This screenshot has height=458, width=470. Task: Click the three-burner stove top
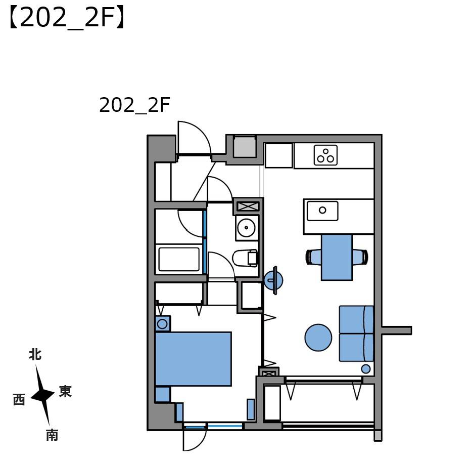pos(325,155)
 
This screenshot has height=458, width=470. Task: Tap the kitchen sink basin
pos(322,211)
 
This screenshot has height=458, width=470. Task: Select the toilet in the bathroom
pos(245,258)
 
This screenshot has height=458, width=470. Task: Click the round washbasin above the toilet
pos(247,228)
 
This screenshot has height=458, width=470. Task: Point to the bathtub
pos(179,259)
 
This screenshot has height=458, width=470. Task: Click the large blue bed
pos(194,359)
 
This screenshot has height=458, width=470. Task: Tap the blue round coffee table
pos(318,338)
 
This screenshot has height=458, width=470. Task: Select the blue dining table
pos(337,258)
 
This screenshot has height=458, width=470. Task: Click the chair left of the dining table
pos(313,257)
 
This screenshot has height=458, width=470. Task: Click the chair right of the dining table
pos(360,257)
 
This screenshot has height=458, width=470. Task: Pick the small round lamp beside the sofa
pos(366,369)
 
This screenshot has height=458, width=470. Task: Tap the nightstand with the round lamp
pos(163,323)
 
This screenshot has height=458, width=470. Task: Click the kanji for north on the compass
pos(35,354)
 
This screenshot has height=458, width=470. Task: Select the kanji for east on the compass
pos(65,391)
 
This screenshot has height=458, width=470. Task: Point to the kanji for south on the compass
pos(52,435)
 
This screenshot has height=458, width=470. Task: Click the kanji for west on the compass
pos(19,400)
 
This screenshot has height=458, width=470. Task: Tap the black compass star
pos(42,395)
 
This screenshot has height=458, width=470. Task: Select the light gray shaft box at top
pos(245,147)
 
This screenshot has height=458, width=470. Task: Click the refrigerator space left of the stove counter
pos(279,155)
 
